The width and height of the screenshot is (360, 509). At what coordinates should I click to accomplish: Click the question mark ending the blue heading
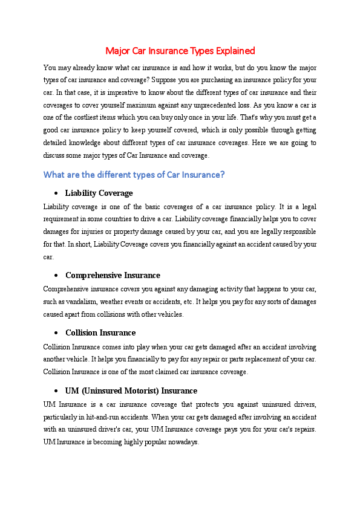click(x=223, y=175)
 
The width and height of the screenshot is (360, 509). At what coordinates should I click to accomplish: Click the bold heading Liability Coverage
click(x=99, y=193)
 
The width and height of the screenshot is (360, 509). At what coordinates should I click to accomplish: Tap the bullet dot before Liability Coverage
click(x=56, y=194)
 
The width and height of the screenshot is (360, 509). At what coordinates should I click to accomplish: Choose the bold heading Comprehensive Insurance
click(x=113, y=276)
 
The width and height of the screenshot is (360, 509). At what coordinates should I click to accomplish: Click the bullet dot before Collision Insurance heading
click(x=56, y=334)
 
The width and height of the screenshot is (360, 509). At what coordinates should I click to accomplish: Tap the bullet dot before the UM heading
click(x=56, y=391)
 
